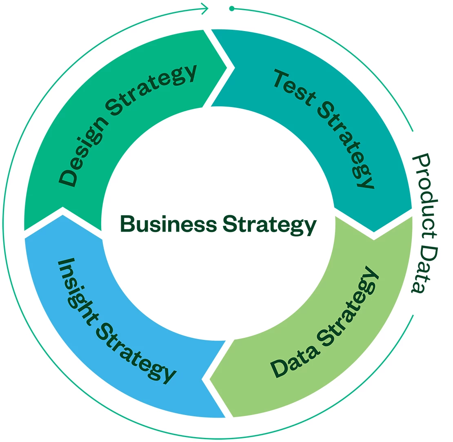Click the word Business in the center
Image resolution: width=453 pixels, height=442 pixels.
[x=169, y=224]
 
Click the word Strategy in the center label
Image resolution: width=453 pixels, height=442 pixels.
[x=270, y=225]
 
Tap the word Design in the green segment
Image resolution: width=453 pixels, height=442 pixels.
[x=84, y=152]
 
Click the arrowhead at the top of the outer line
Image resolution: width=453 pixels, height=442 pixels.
[x=205, y=8]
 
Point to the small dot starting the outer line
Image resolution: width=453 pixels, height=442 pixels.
[x=232, y=8]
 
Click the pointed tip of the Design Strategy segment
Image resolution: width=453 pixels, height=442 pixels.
[x=226, y=68]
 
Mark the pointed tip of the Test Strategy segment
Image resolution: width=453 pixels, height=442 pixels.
[x=374, y=231]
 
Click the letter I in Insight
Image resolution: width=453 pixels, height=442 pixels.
[x=66, y=261]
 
